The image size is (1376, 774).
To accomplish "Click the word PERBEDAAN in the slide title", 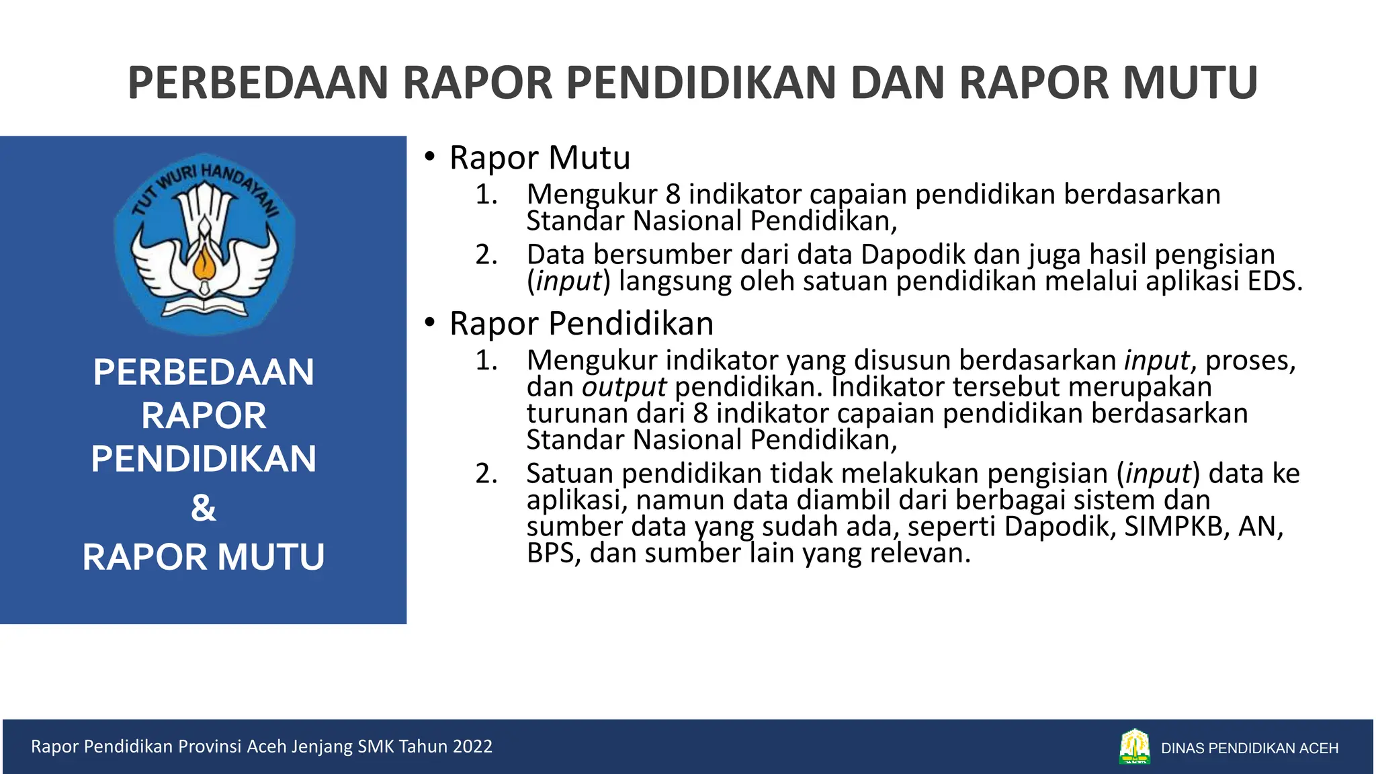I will pyautogui.click(x=259, y=83).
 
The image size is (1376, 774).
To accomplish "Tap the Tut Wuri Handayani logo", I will pyautogui.click(x=204, y=246).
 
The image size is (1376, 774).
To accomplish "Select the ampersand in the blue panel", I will pyautogui.click(x=203, y=508).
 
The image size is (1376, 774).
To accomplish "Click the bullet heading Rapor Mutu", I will pyautogui.click(x=540, y=158).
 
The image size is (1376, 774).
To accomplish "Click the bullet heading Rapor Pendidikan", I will pyautogui.click(x=581, y=324).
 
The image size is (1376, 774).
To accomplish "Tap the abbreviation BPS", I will pyautogui.click(x=552, y=554).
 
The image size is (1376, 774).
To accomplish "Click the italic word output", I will pyautogui.click(x=623, y=388).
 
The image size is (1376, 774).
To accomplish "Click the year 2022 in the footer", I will pyautogui.click(x=472, y=746).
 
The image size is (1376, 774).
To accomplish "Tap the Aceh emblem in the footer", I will pyautogui.click(x=1134, y=747).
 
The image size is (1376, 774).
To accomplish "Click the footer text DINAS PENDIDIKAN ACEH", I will pyautogui.click(x=1250, y=748).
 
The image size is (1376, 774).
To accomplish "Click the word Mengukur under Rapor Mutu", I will pyautogui.click(x=591, y=195).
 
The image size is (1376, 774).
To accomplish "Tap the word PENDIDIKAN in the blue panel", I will pyautogui.click(x=203, y=459).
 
